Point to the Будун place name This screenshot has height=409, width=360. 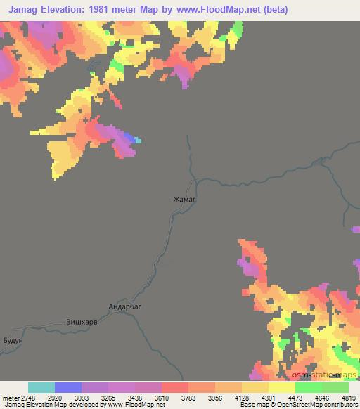[x=13, y=339]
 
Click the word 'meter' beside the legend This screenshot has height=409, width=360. [x=12, y=397]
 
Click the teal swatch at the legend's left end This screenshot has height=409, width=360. [x=41, y=387]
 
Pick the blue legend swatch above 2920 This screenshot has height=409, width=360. [x=68, y=387]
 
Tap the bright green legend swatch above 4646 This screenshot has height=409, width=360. [x=309, y=387]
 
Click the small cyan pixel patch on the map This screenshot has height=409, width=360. [x=139, y=141]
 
